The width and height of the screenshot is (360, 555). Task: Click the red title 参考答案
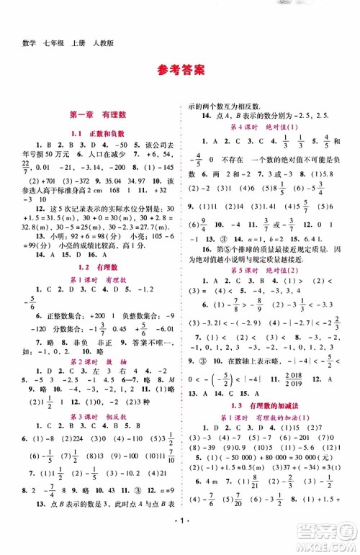pyautogui.click(x=179, y=70)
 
